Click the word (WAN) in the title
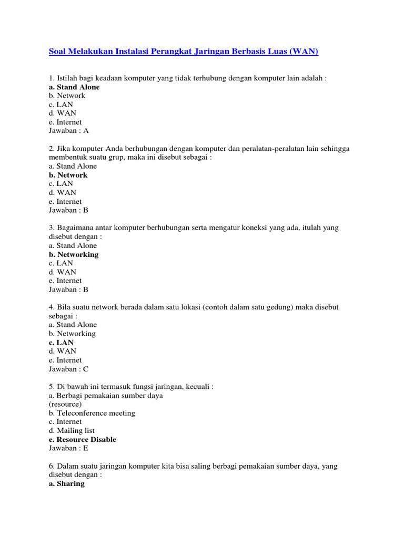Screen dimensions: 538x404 click(304, 52)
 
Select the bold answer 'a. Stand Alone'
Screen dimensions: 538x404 click(74, 87)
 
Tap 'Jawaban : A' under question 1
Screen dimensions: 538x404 click(69, 131)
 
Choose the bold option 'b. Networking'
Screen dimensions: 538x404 click(73, 254)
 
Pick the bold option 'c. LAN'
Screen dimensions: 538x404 click(61, 343)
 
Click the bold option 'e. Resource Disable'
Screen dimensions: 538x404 click(82, 439)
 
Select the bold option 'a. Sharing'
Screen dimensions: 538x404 click(66, 483)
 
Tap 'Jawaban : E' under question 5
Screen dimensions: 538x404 click(68, 448)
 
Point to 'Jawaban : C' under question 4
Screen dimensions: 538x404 click(69, 369)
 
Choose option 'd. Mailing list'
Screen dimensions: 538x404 click(72, 430)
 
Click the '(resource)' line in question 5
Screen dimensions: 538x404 click(65, 404)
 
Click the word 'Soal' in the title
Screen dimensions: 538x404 click(58, 52)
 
